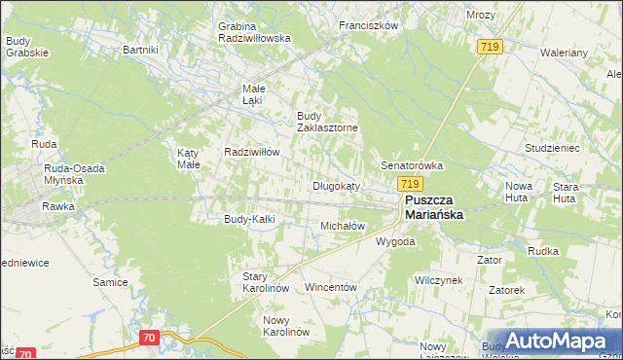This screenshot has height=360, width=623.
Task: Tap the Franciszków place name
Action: click(x=369, y=26)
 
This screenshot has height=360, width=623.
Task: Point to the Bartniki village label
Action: click(x=140, y=49)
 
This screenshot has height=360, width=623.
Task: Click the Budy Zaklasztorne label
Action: click(x=327, y=122)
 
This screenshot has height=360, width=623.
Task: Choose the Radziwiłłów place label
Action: click(x=252, y=153)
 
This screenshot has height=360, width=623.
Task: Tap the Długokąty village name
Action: click(x=336, y=186)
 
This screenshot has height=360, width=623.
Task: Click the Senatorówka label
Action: click(x=412, y=165)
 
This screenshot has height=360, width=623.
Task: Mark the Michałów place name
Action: click(x=343, y=226)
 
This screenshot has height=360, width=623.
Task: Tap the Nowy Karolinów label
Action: click(x=286, y=325)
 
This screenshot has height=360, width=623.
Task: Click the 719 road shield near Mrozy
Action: click(x=490, y=47)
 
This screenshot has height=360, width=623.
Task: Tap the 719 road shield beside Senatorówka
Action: click(x=409, y=183)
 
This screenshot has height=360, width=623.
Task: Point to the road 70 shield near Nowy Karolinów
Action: click(x=149, y=338)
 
